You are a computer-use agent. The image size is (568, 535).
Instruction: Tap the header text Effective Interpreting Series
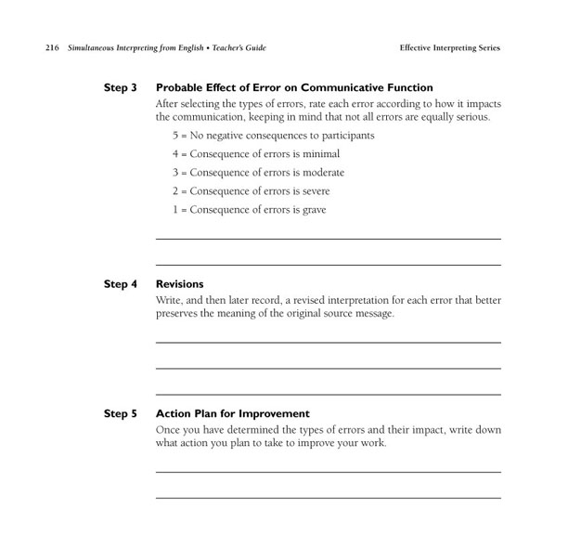(x=450, y=47)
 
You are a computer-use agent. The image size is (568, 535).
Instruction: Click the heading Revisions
(x=179, y=284)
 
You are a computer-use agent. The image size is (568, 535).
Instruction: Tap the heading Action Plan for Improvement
(x=232, y=413)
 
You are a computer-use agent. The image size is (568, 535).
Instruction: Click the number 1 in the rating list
(x=174, y=210)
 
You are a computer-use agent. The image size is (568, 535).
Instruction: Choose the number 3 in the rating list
(x=174, y=173)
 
